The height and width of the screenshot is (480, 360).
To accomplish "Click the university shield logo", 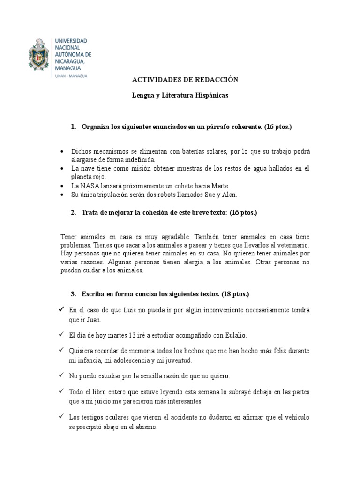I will [x=42, y=57].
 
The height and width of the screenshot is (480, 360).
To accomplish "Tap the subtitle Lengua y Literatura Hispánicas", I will [x=180, y=95].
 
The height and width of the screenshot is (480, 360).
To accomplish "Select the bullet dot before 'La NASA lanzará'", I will [x=63, y=186].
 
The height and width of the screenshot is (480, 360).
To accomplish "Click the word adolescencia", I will [x=128, y=361].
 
